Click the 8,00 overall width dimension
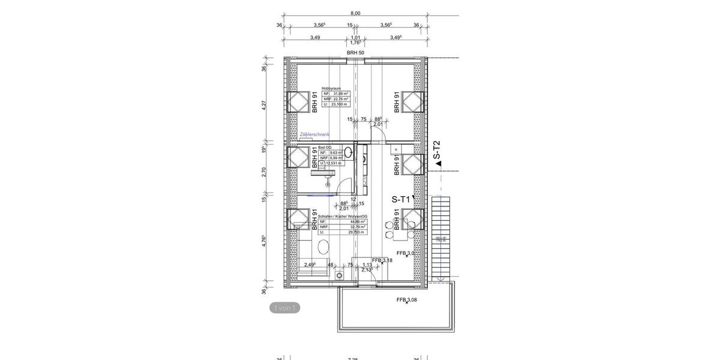(355, 13)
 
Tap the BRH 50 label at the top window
(355, 53)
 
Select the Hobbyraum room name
(331, 88)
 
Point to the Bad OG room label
(325, 147)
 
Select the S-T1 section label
(400, 200)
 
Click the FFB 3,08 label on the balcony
(407, 299)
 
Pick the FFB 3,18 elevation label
(382, 260)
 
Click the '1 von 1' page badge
(284, 308)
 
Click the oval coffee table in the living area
(324, 247)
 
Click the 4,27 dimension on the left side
(263, 105)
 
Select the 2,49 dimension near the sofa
(310, 265)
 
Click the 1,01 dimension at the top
(355, 37)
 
